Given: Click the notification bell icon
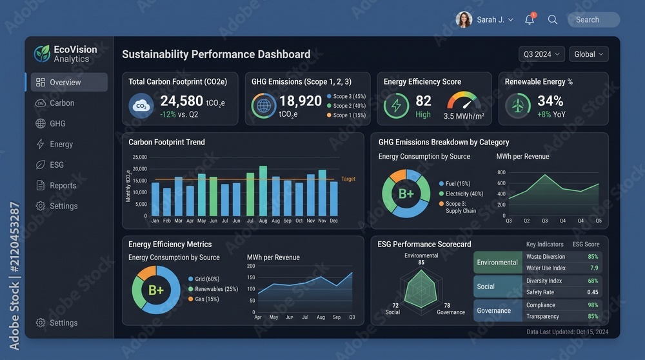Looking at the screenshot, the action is pyautogui.click(x=530, y=19).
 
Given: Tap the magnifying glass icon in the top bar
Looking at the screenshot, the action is pyautogui.click(x=553, y=20).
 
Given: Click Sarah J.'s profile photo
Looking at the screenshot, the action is pyautogui.click(x=464, y=20).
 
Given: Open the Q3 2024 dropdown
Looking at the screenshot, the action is pyautogui.click(x=541, y=54).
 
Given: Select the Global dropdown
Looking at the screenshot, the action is pyautogui.click(x=589, y=54).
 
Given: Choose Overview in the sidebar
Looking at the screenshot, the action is pyautogui.click(x=69, y=83).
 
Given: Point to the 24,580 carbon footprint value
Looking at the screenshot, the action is pyautogui.click(x=181, y=101).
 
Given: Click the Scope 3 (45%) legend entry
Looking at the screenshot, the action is pyautogui.click(x=346, y=96).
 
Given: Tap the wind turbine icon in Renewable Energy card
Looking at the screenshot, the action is pyautogui.click(x=518, y=106).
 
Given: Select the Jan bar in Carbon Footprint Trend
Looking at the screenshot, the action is pyautogui.click(x=155, y=199).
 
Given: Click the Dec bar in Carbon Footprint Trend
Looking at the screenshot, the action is pyautogui.click(x=334, y=199).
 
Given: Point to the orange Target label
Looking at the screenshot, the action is pyautogui.click(x=348, y=179).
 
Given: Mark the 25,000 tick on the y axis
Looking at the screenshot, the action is pyautogui.click(x=139, y=157).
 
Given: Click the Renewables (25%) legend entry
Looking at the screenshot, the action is pyautogui.click(x=213, y=289).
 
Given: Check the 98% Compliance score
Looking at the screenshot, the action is pyautogui.click(x=593, y=305).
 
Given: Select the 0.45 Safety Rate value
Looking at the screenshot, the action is pyautogui.click(x=593, y=292).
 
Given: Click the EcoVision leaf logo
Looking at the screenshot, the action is pyautogui.click(x=42, y=54).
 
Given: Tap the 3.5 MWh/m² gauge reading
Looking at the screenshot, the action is pyautogui.click(x=464, y=116).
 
